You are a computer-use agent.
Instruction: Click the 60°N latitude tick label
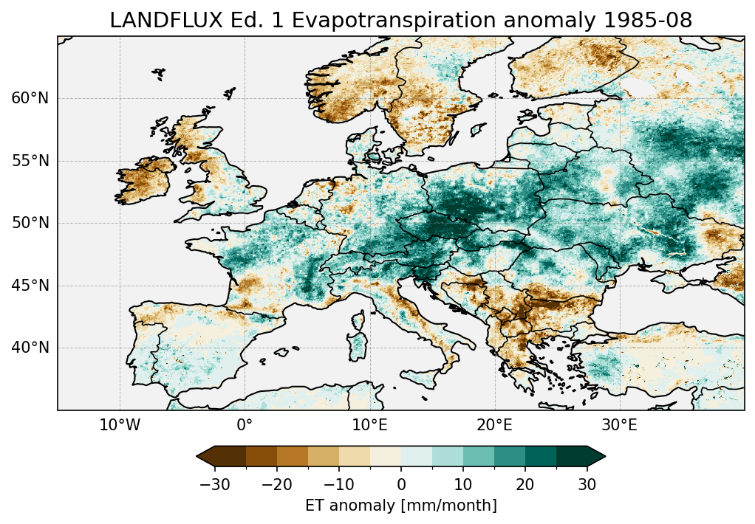30,98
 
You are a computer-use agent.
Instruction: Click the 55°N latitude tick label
30,161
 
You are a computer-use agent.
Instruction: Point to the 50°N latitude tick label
30,223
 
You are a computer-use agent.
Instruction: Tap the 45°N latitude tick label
30,286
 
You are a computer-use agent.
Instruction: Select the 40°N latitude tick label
30,348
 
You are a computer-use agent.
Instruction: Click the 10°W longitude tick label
120,426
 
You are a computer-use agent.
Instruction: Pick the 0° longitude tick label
245,426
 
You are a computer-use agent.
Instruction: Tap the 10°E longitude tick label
369,426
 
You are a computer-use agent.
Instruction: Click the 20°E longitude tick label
494,426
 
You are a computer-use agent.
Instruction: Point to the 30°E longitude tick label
619,426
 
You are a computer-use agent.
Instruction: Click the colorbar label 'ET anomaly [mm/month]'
401,506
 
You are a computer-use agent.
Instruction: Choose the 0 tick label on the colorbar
401,484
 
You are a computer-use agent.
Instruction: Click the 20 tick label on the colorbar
525,484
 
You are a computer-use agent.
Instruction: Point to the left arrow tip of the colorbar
198,457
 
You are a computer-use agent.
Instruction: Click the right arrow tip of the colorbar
604,457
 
